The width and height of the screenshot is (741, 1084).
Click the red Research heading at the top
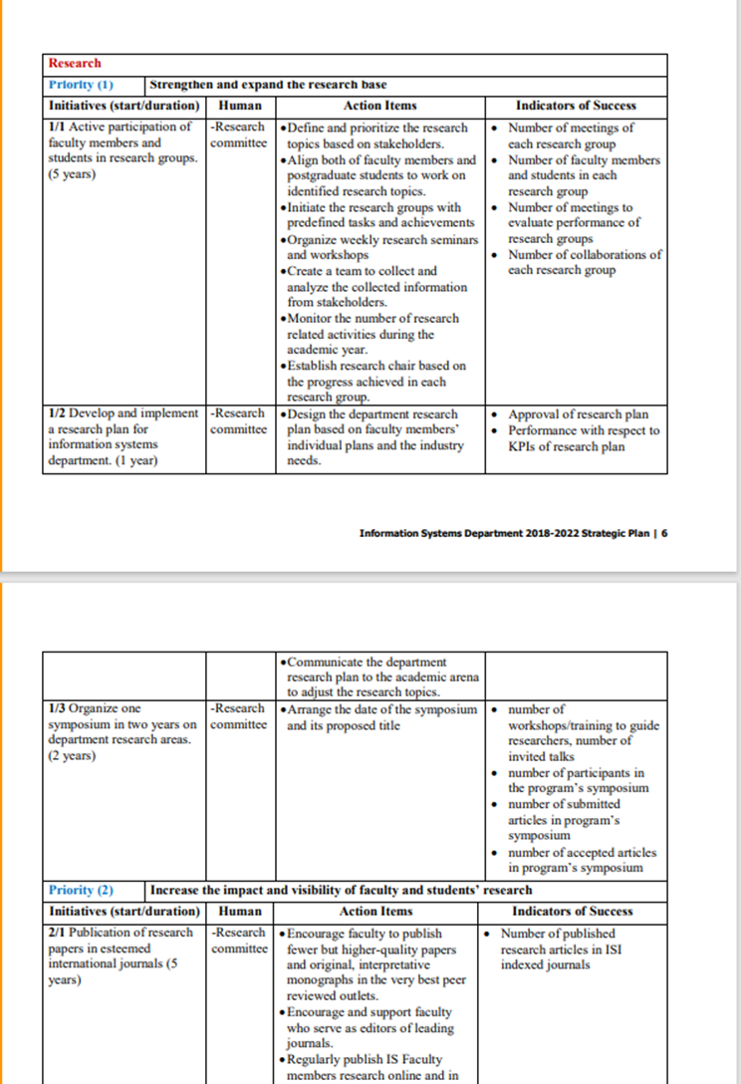75,63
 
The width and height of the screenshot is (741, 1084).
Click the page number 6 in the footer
664,532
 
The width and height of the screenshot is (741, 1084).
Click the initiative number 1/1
57,128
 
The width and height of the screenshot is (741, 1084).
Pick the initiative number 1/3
57,709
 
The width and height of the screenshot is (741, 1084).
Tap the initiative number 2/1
57,934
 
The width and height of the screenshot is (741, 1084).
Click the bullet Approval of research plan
578,414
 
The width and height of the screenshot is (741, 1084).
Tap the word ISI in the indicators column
610,949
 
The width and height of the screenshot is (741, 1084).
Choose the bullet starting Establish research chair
375,366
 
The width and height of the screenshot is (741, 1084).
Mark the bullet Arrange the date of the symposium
382,709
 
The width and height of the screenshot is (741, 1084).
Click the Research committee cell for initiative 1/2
239,421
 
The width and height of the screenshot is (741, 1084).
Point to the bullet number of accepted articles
582,852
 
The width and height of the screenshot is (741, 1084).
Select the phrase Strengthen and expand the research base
269,85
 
